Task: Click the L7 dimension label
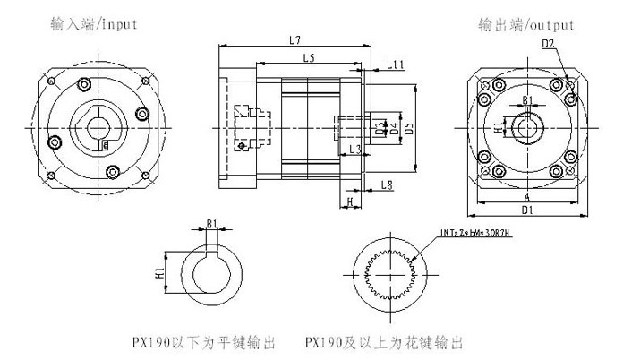click(x=295, y=39)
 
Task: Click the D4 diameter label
click(x=394, y=126)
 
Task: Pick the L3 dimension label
click(x=354, y=149)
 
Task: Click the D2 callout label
click(x=548, y=42)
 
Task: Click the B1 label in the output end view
click(x=527, y=99)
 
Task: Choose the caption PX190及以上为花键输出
click(x=383, y=342)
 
